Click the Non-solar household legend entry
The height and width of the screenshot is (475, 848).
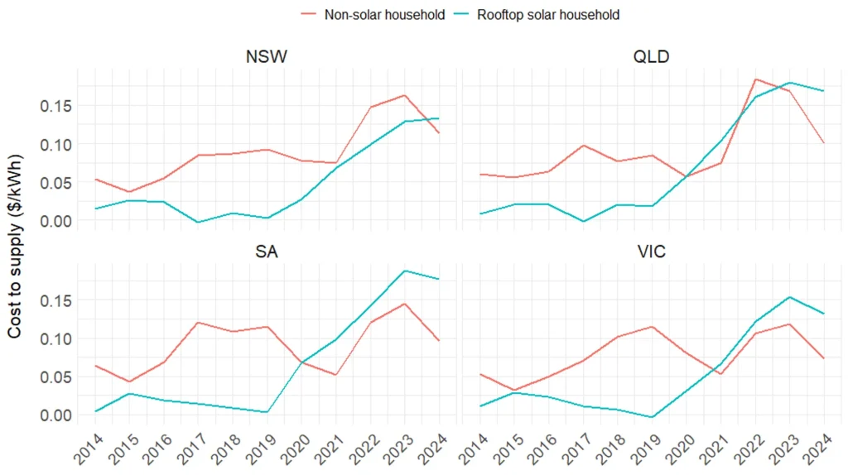point(373,14)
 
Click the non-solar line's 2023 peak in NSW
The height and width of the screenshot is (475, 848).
point(404,95)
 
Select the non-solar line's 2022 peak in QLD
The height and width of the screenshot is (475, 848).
point(754,79)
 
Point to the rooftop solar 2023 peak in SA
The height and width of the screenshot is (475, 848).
point(404,271)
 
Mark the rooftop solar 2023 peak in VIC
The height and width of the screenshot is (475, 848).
point(789,296)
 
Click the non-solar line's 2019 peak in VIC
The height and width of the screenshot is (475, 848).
point(651,327)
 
